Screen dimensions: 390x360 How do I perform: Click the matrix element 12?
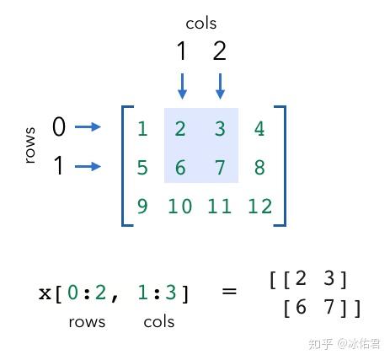pyautogui.click(x=259, y=207)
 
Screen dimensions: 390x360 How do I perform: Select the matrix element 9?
pyautogui.click(x=142, y=207)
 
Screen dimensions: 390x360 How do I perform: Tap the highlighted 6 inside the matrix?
pyautogui.click(x=180, y=168)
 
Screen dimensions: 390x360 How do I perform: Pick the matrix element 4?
pyautogui.click(x=259, y=129)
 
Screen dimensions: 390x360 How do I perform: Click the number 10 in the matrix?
pyautogui.click(x=180, y=207)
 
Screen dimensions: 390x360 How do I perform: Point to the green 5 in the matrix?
pyautogui.click(x=142, y=168)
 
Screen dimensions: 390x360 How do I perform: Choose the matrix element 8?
pyautogui.click(x=259, y=168)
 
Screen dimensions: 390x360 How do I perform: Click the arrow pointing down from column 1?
pyautogui.click(x=182, y=86)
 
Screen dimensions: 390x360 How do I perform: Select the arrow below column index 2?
pyautogui.click(x=220, y=86)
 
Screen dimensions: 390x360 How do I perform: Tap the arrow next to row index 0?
pyautogui.click(x=88, y=126)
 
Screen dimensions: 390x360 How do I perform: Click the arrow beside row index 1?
pyautogui.click(x=88, y=166)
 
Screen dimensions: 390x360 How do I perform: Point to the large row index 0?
pyautogui.click(x=59, y=126)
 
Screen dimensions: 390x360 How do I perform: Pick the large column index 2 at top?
pyautogui.click(x=220, y=51)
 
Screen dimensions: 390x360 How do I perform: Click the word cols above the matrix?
pyautogui.click(x=201, y=24)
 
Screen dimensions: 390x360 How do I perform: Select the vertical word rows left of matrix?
pyautogui.click(x=30, y=145)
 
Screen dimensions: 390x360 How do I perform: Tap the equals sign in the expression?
pyautogui.click(x=229, y=291)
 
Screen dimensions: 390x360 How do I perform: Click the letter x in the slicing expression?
pyautogui.click(x=45, y=293)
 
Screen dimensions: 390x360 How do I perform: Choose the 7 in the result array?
pyautogui.click(x=329, y=306)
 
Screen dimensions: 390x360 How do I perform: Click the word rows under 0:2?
pyautogui.click(x=87, y=322)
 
